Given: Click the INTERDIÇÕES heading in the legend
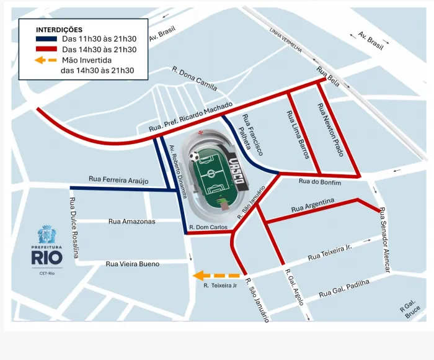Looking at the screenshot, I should tap(59, 29).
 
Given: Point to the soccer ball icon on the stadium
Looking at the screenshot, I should tap(195, 156).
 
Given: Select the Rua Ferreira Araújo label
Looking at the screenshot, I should tap(118, 180).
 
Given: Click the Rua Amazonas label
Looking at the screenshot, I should tap(131, 221).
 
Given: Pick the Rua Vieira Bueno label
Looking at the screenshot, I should tap(132, 264).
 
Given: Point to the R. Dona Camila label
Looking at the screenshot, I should tap(194, 78).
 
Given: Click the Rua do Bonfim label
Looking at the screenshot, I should tap(319, 181).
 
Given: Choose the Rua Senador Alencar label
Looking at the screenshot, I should tap(385, 240).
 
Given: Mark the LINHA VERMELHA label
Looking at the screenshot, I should tap(286, 40).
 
